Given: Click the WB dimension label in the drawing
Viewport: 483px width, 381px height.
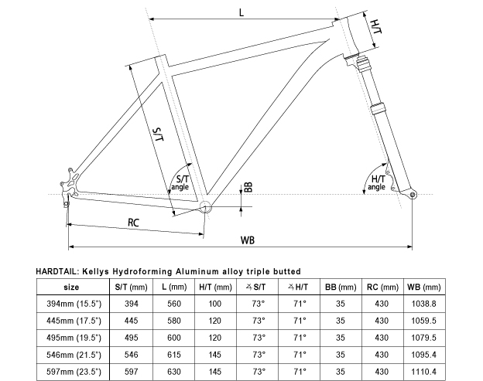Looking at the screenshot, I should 247,240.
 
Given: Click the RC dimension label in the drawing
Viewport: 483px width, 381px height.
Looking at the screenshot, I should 134,223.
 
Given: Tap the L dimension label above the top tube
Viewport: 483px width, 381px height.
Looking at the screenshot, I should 242,12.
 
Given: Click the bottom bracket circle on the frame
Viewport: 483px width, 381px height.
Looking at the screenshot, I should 205,206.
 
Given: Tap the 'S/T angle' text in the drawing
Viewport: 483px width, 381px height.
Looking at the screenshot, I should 179,182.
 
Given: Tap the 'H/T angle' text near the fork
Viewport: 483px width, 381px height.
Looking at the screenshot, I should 377,182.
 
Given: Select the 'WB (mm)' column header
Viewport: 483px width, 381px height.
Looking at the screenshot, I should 423,287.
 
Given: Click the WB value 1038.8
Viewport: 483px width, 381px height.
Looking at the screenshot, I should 423,304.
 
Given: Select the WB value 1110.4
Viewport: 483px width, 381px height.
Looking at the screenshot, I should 423,371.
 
